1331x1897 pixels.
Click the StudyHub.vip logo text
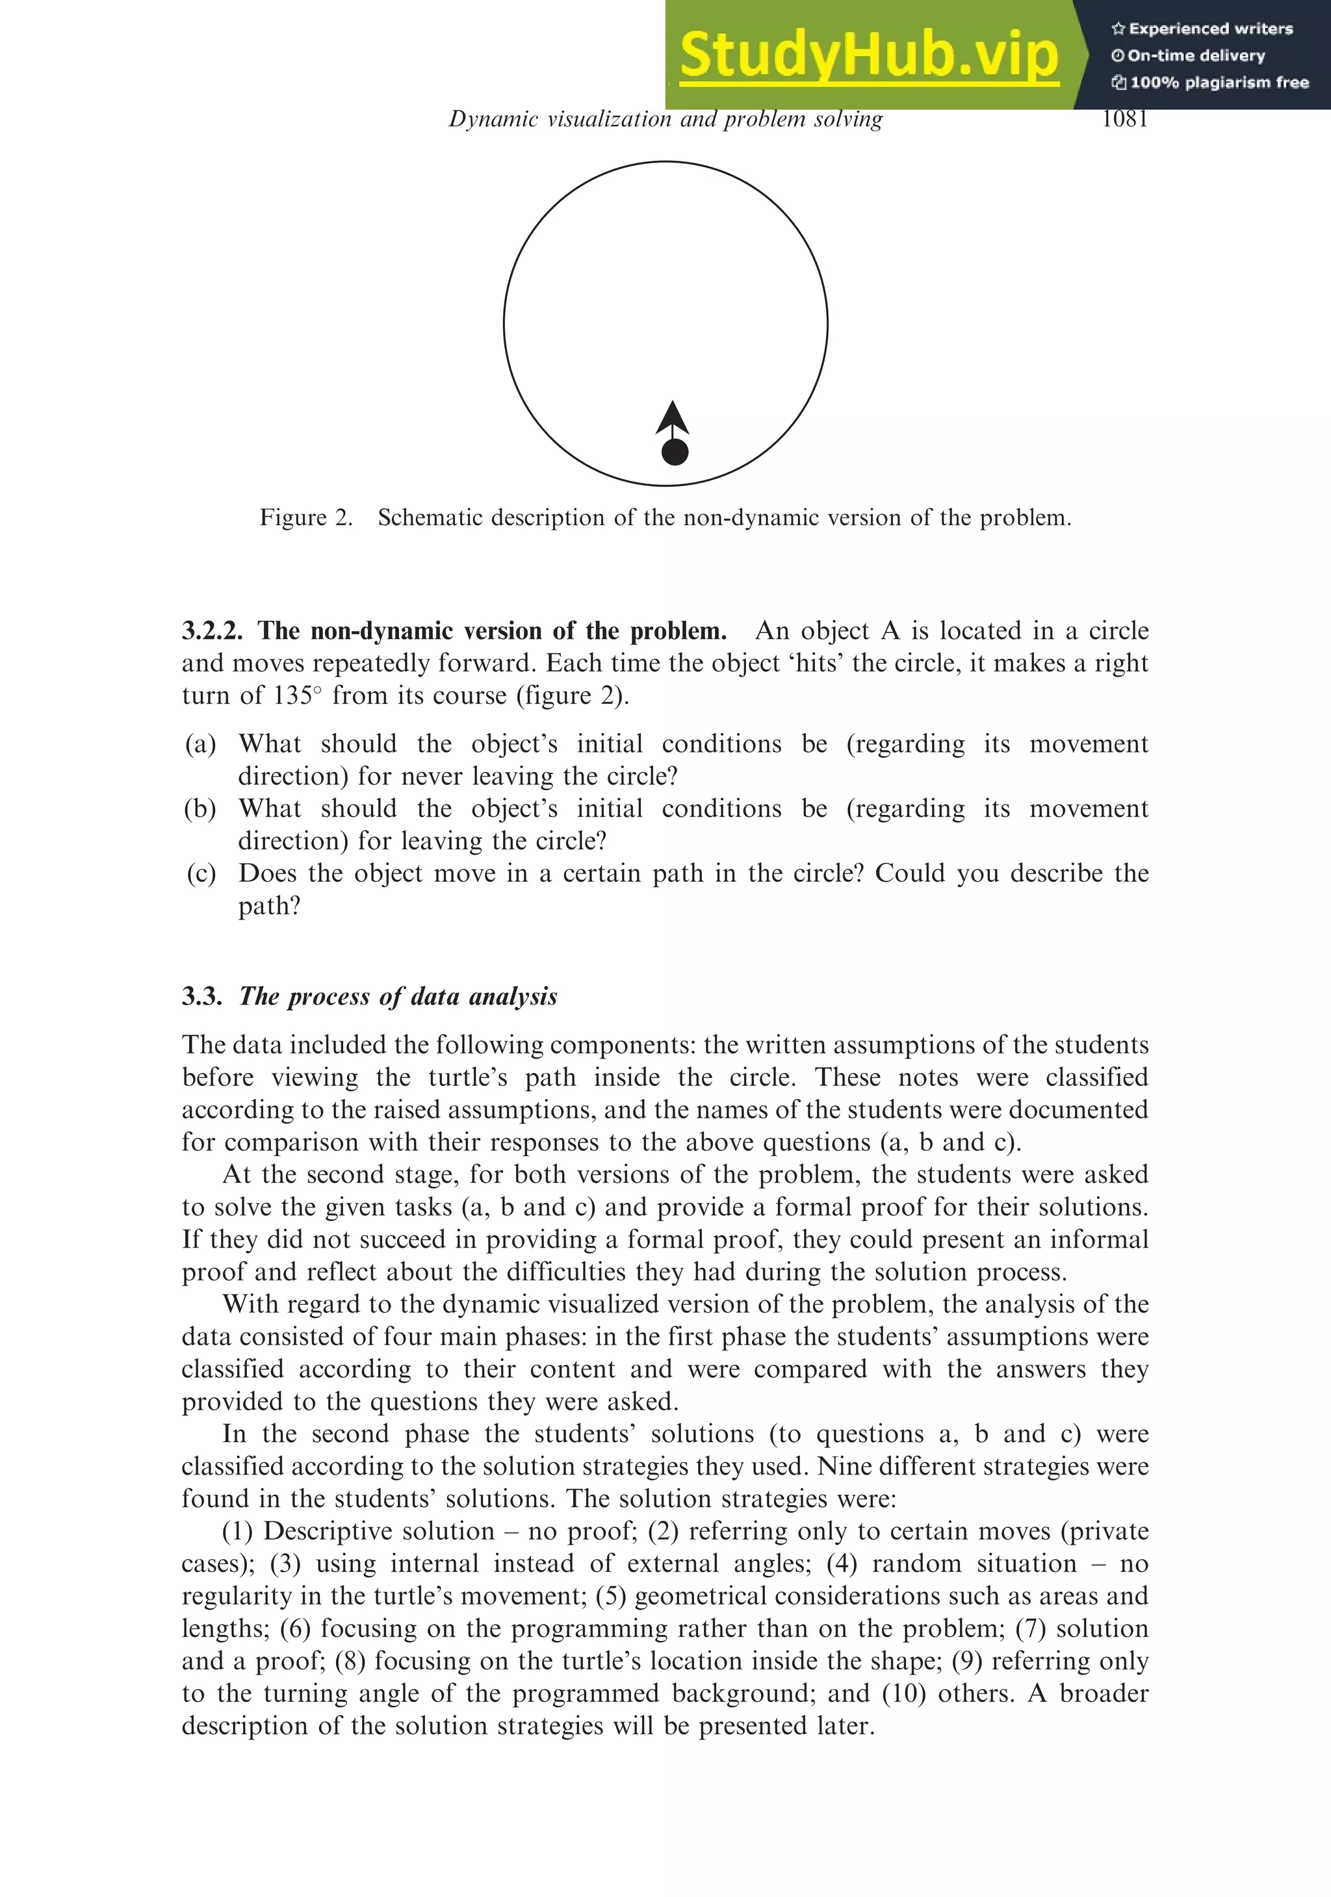868,56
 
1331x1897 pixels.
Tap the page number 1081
1124,120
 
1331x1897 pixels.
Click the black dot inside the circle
675,452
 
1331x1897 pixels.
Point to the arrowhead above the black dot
673,417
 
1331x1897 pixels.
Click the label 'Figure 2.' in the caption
305,518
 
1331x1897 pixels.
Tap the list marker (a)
200,744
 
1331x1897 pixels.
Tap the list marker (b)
200,809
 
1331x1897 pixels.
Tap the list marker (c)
200,873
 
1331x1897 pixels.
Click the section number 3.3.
202,996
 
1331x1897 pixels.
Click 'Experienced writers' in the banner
1210,29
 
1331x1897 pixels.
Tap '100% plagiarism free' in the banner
1219,83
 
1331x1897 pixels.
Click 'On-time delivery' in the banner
1196,56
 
